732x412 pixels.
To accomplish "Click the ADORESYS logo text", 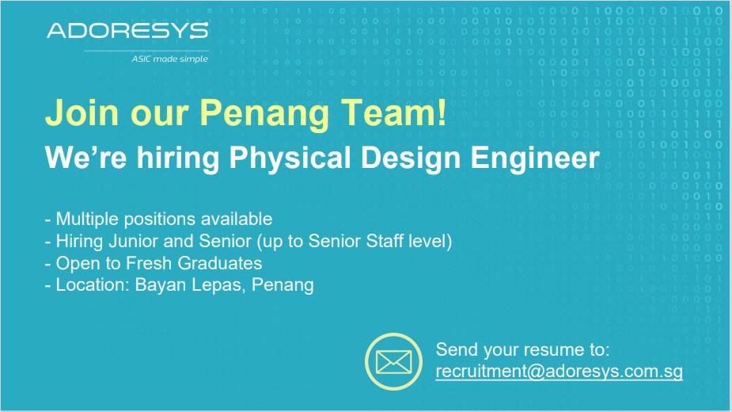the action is point(127,31).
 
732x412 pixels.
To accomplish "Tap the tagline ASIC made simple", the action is point(169,59).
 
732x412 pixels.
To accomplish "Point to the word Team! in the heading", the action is point(393,113).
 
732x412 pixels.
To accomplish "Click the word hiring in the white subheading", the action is point(178,158).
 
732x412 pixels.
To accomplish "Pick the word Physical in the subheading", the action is point(290,158).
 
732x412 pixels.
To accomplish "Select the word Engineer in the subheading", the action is point(535,158).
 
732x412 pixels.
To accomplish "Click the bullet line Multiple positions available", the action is point(159,219).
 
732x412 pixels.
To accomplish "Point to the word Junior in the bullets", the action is point(134,241).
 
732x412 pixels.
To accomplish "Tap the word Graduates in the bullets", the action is point(220,263).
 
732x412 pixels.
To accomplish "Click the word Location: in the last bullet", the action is point(93,284).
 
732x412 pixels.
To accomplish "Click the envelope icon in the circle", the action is point(393,361).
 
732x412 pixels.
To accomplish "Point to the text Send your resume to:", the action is point(522,349).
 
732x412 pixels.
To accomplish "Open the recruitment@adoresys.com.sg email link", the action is point(559,372).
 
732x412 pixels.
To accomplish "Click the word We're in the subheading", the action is point(86,158).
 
